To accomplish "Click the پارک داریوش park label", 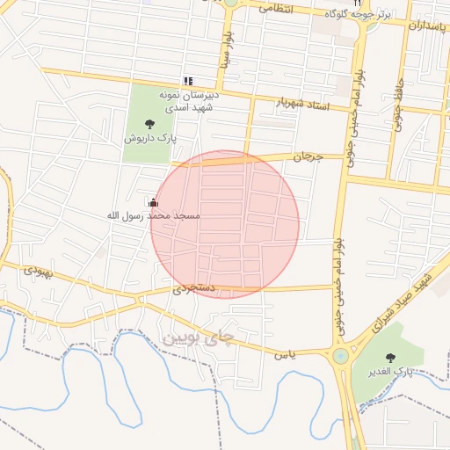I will (x=149, y=138).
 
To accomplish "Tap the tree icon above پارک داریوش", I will (x=148, y=123).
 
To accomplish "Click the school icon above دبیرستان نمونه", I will (x=187, y=80).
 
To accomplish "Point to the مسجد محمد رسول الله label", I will (x=153, y=215).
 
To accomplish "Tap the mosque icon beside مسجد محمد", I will (x=154, y=203).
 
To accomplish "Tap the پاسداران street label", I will (x=428, y=26).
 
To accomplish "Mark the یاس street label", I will (x=282, y=354).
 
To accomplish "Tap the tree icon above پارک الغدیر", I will (x=390, y=358).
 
